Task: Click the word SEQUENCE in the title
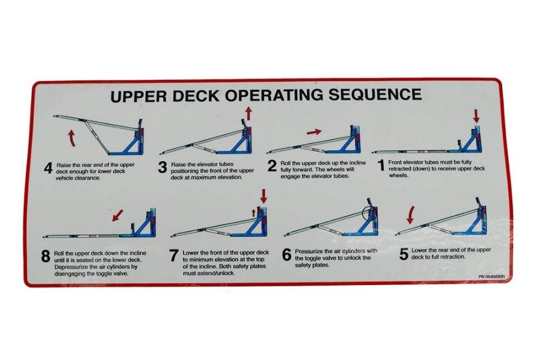point(375,94)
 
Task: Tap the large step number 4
point(48,169)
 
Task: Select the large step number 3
point(163,167)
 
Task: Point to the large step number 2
point(272,166)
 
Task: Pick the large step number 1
point(381,166)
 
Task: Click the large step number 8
point(46,257)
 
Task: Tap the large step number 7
point(174,256)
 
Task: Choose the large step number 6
point(287,255)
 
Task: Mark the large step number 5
point(404,254)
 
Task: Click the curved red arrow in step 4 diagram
point(71,139)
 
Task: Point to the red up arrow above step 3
point(248,113)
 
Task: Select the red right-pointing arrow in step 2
point(314,131)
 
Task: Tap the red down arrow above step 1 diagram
point(476,116)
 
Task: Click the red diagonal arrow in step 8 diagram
point(118,215)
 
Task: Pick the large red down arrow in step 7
point(263,196)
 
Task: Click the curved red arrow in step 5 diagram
point(410,214)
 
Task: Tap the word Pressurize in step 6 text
point(308,251)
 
